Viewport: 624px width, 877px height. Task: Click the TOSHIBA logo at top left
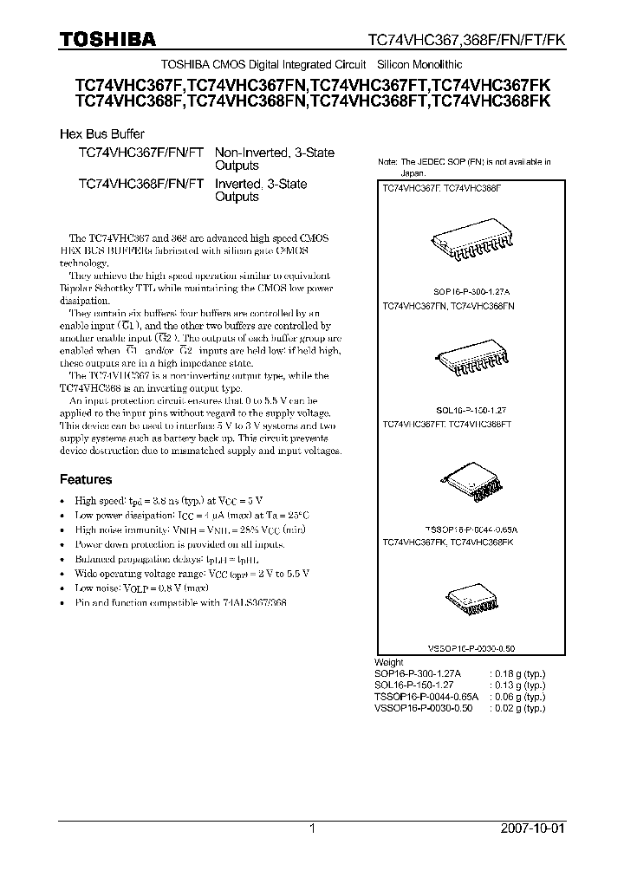tap(107, 39)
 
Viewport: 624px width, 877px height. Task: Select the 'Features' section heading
tap(86, 479)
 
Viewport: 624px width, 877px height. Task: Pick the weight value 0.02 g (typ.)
tap(517, 708)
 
